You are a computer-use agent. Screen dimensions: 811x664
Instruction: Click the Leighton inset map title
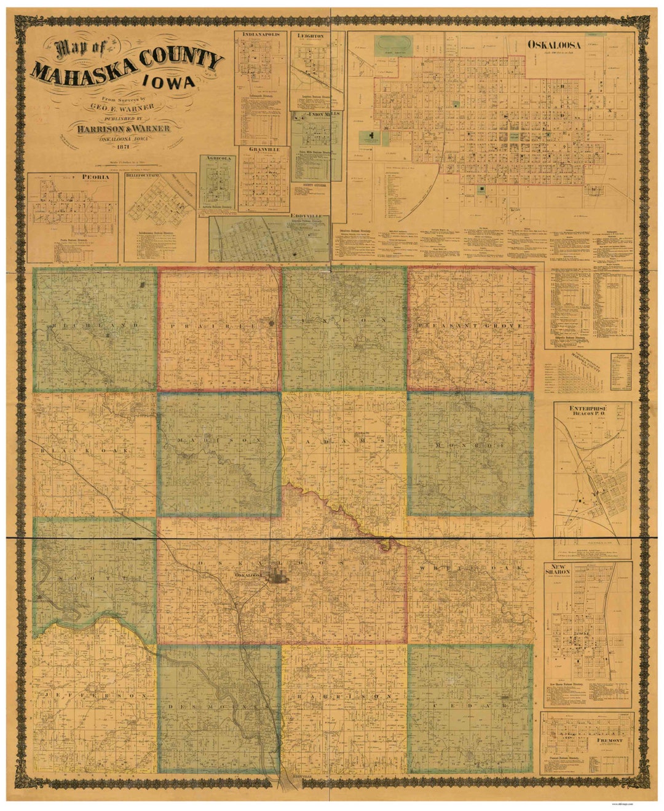pos(310,36)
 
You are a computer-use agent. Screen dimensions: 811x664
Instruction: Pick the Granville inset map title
pos(264,149)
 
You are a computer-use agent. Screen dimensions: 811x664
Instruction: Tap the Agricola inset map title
pos(218,158)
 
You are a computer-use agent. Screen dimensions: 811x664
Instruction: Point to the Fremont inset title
pos(609,740)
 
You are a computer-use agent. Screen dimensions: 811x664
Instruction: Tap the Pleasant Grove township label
pos(470,325)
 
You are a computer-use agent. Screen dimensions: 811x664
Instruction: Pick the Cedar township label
pos(470,707)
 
